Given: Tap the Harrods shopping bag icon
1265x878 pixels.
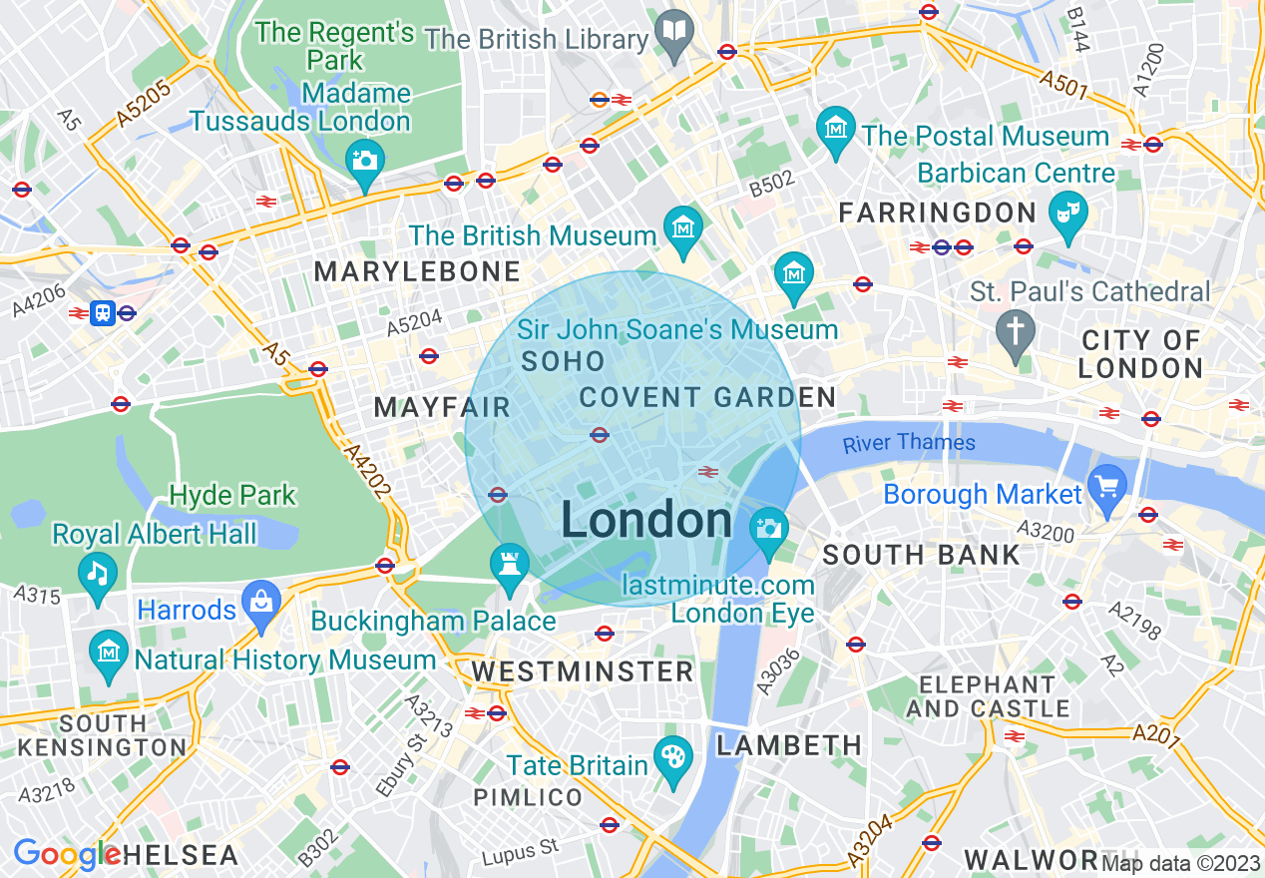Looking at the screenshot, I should (x=261, y=601).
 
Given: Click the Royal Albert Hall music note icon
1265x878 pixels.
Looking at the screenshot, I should (x=98, y=573).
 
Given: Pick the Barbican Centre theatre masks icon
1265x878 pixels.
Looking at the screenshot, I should (x=1068, y=212).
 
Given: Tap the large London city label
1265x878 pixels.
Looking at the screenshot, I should (x=646, y=521).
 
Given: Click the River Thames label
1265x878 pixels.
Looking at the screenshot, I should (x=909, y=443).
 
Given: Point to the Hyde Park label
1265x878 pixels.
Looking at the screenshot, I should (x=232, y=495).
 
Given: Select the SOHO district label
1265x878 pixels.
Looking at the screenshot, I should (x=563, y=361).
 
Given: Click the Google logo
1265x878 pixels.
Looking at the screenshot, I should (x=67, y=855).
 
